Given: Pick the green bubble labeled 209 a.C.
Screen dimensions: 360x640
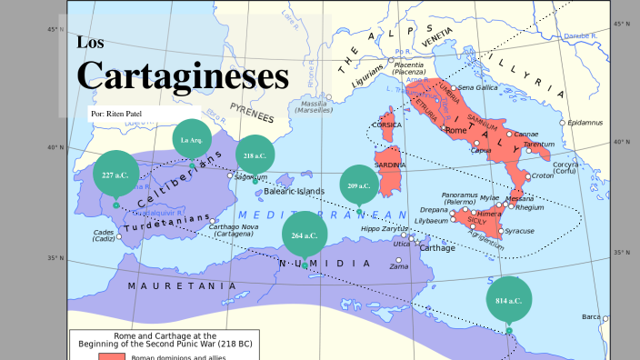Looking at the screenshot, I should pyautogui.click(x=358, y=185).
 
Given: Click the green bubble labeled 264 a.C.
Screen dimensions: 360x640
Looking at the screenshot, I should pyautogui.click(x=305, y=235).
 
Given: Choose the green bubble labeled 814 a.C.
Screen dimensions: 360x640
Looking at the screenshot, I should pyautogui.click(x=509, y=300).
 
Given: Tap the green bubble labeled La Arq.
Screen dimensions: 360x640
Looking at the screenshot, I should pyautogui.click(x=191, y=140).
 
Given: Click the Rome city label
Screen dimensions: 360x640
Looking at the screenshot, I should pyautogui.click(x=456, y=131).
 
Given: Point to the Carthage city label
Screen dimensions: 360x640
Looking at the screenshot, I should pyautogui.click(x=437, y=247).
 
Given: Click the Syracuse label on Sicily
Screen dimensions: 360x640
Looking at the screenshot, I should pyautogui.click(x=520, y=231).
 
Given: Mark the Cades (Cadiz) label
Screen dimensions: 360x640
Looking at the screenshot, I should pyautogui.click(x=103, y=235).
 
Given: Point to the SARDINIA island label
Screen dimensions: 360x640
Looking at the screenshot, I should pyautogui.click(x=390, y=165).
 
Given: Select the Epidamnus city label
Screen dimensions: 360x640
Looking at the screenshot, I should pyautogui.click(x=585, y=123).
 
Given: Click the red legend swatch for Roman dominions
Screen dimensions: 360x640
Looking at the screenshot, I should pyautogui.click(x=112, y=355).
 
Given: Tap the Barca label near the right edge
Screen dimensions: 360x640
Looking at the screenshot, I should pyautogui.click(x=592, y=317).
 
